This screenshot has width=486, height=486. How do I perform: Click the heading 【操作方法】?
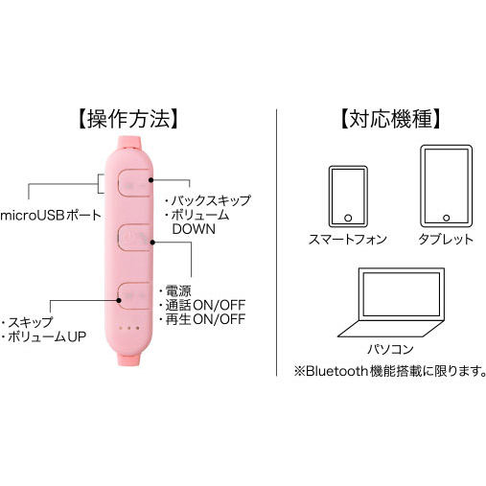pyautogui.click(x=128, y=119)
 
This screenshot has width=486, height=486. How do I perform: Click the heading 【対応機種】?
pyautogui.click(x=391, y=119)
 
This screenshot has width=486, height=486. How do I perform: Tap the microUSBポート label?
pyautogui.click(x=51, y=216)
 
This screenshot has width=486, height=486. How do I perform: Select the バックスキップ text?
pyautogui.click(x=211, y=200)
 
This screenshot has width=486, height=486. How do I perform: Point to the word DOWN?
pyautogui.click(x=194, y=229)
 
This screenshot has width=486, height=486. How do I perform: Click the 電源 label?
pyautogui.click(x=178, y=290)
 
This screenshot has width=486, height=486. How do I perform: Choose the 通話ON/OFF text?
pyautogui.click(x=205, y=305)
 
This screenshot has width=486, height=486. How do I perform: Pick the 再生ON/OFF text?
pyautogui.click(x=205, y=319)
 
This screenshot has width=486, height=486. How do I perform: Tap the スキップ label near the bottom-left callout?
pyautogui.click(x=31, y=322)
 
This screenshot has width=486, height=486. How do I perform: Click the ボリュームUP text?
pyautogui.click(x=47, y=336)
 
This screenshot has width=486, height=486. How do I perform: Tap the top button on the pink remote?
pyautogui.click(x=134, y=182)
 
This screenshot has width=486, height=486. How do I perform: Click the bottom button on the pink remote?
pyautogui.click(x=134, y=295)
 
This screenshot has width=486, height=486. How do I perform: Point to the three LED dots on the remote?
pyautogui.click(x=129, y=328)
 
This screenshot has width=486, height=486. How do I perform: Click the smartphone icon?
pyautogui.click(x=348, y=197)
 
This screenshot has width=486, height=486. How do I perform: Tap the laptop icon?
pyautogui.click(x=391, y=303)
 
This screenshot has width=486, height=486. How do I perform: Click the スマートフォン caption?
pyautogui.click(x=348, y=239)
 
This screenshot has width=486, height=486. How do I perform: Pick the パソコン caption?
pyautogui.click(x=390, y=349)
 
